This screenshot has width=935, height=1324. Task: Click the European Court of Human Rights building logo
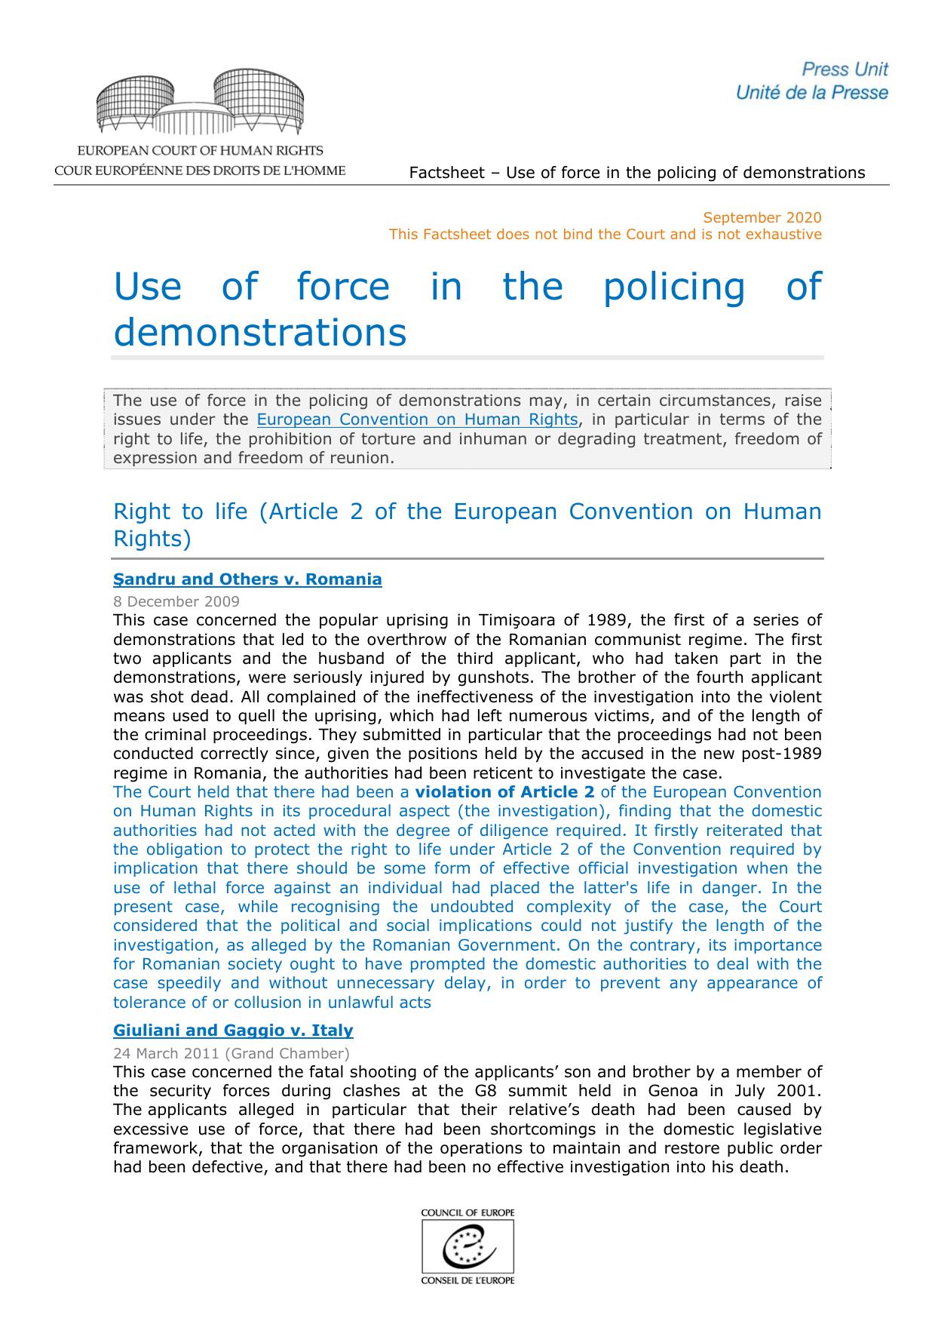(200, 103)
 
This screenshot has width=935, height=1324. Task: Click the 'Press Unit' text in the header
(845, 69)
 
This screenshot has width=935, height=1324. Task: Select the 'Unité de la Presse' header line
(812, 93)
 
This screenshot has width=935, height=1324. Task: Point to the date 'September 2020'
(762, 217)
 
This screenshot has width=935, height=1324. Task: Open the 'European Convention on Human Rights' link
(417, 419)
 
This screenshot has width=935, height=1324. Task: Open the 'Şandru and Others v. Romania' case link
(247, 579)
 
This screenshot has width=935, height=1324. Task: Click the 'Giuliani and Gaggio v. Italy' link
(233, 1030)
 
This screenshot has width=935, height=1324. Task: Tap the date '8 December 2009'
(176, 601)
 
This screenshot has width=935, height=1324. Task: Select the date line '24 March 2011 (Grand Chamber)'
(231, 1052)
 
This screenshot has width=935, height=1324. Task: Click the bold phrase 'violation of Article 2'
(504, 792)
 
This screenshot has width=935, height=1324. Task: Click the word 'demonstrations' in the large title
(259, 332)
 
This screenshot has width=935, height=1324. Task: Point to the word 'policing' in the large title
(674, 287)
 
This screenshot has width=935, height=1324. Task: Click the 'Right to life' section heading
(180, 511)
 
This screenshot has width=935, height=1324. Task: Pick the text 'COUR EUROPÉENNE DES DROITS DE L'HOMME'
(200, 170)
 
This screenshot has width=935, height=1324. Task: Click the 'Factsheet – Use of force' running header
(636, 173)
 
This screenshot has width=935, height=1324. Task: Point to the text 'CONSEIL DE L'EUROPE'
(467, 1281)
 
